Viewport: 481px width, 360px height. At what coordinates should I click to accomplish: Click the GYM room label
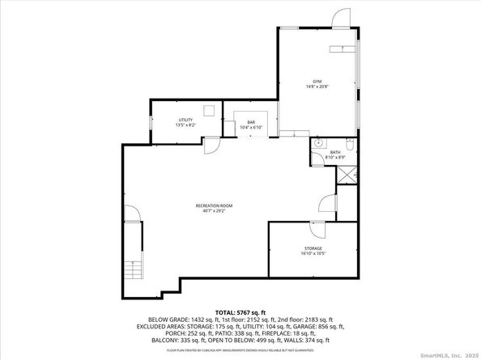[x=317, y=82]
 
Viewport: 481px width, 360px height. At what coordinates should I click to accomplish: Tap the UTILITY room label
[x=185, y=120]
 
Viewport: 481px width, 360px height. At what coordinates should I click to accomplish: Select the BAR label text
[x=251, y=122]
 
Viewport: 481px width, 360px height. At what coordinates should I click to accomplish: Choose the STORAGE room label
[x=313, y=248]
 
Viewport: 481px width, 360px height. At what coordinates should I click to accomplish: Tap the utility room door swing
[x=210, y=146]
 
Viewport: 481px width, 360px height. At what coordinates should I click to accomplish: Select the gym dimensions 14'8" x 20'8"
[x=317, y=87]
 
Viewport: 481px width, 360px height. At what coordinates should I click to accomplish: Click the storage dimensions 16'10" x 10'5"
[x=313, y=254]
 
